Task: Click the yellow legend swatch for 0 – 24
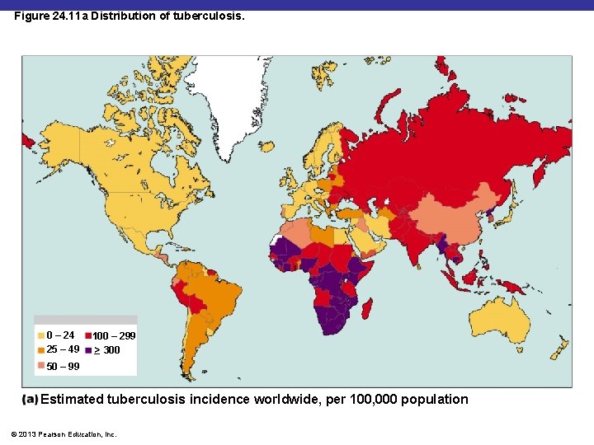pos(41,335)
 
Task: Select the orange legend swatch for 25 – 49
pos(41,349)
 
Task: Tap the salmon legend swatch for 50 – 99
pos(41,366)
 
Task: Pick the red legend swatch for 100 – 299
pos(87,335)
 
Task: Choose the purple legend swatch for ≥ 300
pos(87,349)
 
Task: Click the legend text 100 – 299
pos(114,336)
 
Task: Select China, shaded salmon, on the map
pos(450,218)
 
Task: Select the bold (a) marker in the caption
pos(30,400)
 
